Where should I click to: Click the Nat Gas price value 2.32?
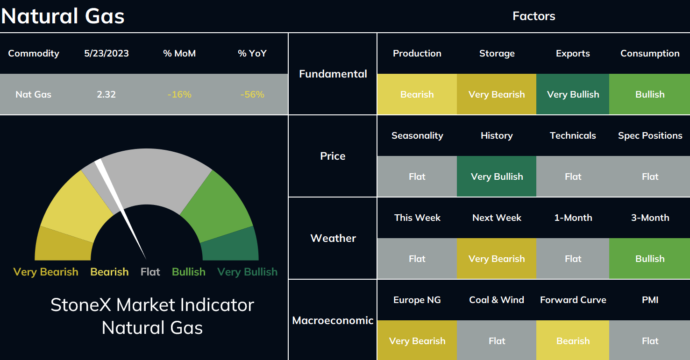point(106,94)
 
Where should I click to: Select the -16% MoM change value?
point(179,94)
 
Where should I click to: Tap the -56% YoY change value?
point(252,94)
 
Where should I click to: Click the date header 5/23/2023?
point(106,53)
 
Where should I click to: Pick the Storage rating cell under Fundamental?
point(497,94)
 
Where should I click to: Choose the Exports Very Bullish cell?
point(573,94)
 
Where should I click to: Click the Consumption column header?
point(650,53)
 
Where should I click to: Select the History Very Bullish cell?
point(497,176)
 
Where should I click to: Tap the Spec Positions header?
point(650,135)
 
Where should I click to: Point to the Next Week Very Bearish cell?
point(497,259)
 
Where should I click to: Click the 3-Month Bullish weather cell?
point(649,259)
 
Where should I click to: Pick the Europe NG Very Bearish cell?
point(417,340)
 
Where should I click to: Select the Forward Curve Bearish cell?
point(573,340)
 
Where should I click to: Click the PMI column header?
point(650,300)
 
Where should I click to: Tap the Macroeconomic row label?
point(333,320)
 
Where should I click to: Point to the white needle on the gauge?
point(121,209)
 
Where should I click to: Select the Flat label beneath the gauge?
point(150,272)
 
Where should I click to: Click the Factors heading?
point(534,16)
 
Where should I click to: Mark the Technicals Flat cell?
point(573,176)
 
